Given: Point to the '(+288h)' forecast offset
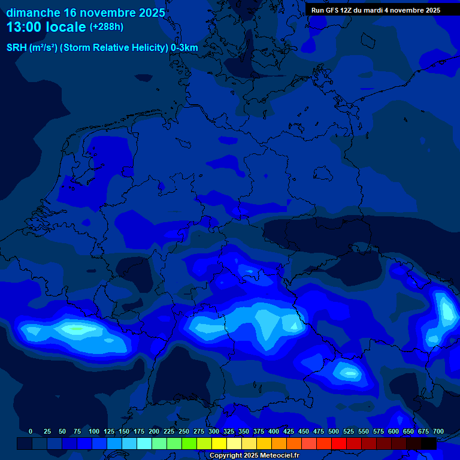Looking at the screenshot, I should pos(107,27).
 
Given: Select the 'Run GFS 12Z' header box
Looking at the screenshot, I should pos(376,10).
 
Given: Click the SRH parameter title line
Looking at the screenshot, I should pos(102,48).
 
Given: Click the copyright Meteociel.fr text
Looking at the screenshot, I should pos(254,456).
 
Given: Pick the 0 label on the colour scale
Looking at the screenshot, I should pos(31,431).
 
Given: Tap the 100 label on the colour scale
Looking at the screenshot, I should pos(94,431).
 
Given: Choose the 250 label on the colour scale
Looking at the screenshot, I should pos(184,431).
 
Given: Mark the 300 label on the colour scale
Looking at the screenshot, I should pos(214,431).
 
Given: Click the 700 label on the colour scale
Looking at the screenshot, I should pos(438,431).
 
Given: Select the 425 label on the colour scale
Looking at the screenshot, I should pos(289,431).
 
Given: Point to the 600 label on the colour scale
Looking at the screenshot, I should pos(394,431).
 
